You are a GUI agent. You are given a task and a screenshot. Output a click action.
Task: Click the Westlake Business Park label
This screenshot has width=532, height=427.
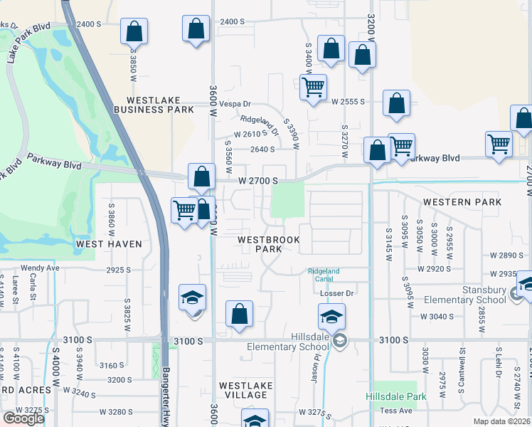[x=160, y=105]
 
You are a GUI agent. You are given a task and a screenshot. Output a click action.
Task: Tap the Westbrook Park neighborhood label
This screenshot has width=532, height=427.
[x=269, y=244]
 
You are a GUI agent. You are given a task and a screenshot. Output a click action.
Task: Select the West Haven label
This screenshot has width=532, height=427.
[x=109, y=244]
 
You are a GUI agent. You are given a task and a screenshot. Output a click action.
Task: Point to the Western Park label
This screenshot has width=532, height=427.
[x=462, y=202]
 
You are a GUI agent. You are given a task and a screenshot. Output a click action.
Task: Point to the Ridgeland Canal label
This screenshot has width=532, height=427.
[x=324, y=275]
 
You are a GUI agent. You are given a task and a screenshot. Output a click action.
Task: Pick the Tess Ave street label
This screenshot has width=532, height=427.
[x=395, y=411]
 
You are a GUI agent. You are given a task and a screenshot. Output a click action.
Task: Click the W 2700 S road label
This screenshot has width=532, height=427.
[x=257, y=181]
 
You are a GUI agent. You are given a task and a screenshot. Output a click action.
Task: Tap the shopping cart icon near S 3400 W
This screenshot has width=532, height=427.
[x=313, y=88]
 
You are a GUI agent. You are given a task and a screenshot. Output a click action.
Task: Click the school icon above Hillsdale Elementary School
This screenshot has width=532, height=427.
[x=331, y=316]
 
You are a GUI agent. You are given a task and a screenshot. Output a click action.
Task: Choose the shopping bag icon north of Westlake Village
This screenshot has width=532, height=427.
[x=240, y=314]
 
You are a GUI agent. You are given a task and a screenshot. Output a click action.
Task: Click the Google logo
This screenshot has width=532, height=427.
[x=23, y=418]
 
